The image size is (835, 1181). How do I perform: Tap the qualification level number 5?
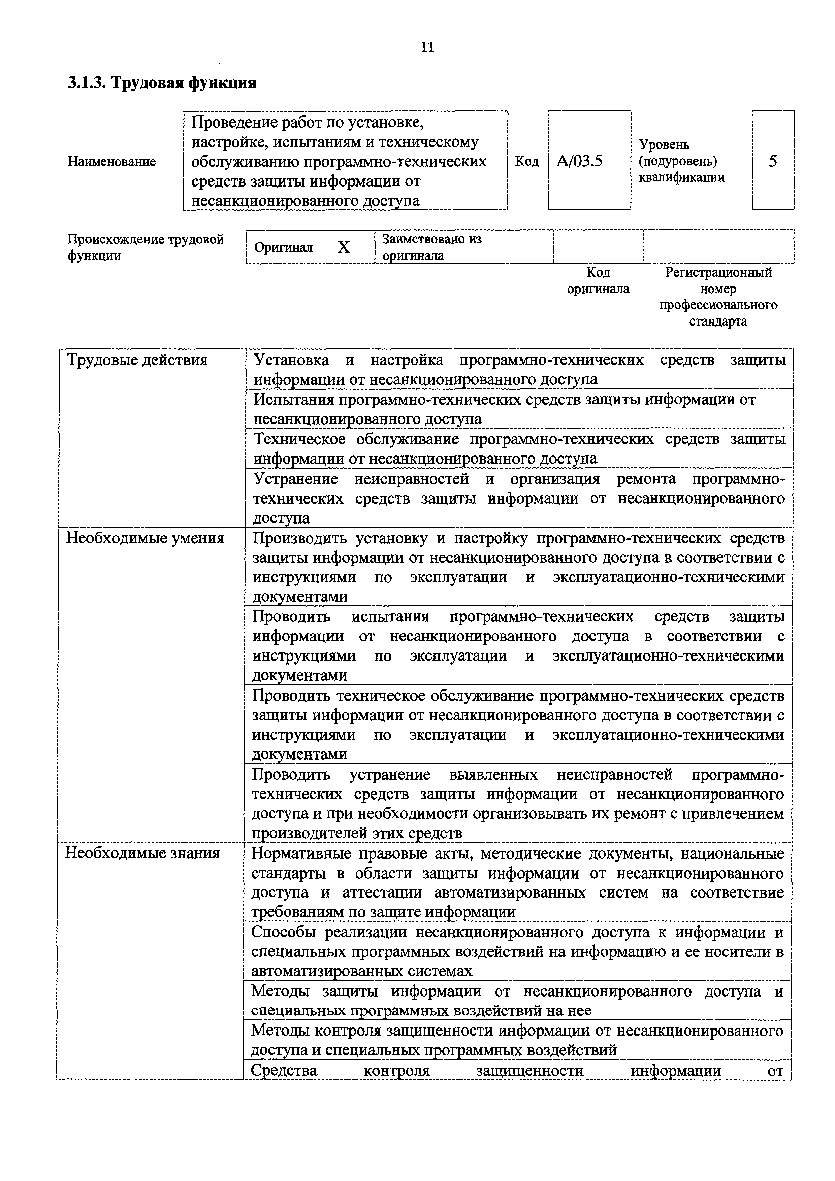(773, 162)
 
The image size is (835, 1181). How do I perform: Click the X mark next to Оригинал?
(343, 248)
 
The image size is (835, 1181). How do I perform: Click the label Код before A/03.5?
(527, 162)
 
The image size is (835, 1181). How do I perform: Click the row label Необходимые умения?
(145, 538)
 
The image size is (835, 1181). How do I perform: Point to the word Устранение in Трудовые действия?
(296, 479)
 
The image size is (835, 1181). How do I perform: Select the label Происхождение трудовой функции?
(146, 247)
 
